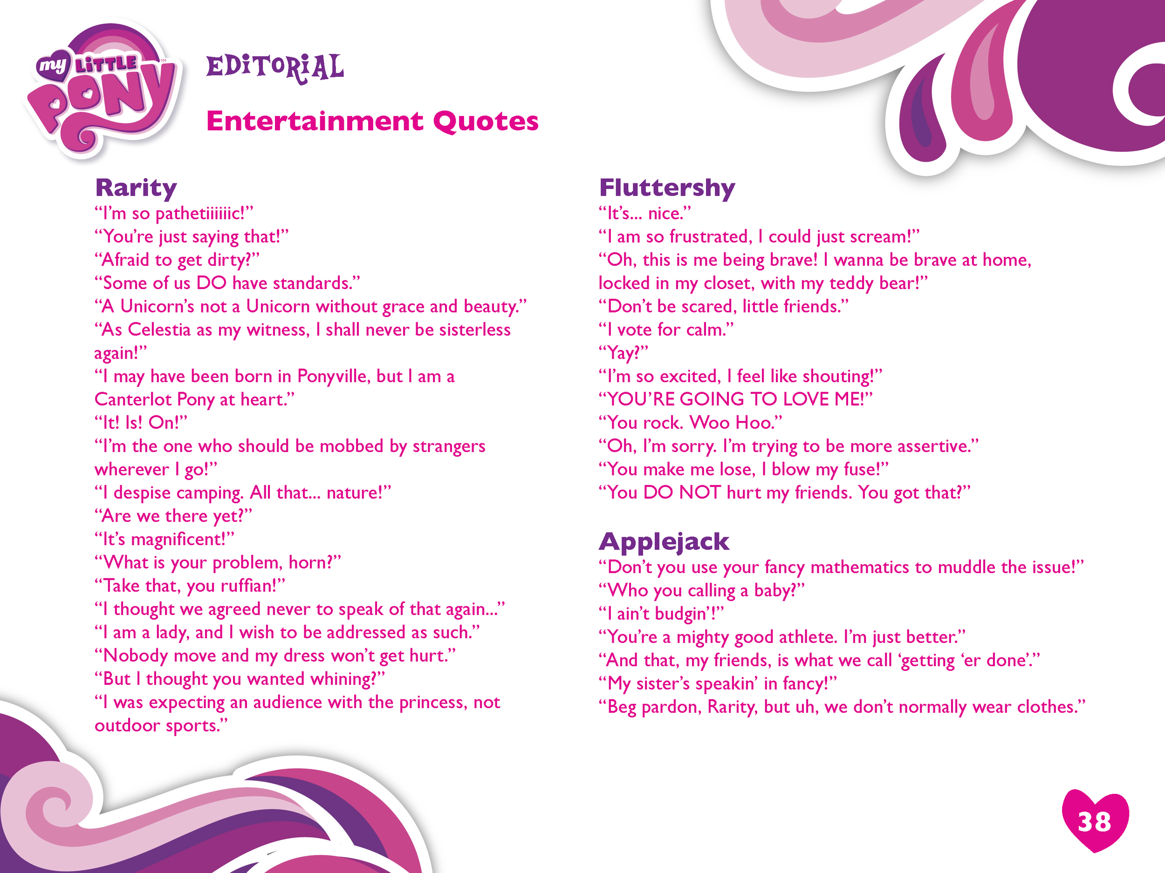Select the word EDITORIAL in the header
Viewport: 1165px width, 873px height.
(x=275, y=68)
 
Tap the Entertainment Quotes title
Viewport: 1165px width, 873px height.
(x=372, y=122)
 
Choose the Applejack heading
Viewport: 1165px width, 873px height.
(x=664, y=542)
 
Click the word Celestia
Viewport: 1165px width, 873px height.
(x=159, y=330)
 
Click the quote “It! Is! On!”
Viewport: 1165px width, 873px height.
(x=141, y=423)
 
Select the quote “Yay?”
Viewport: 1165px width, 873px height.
(x=624, y=353)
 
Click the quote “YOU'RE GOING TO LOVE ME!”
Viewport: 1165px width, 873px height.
(x=735, y=399)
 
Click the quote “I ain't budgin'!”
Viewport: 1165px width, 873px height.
(x=661, y=614)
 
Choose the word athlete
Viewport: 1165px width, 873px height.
(x=807, y=637)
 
